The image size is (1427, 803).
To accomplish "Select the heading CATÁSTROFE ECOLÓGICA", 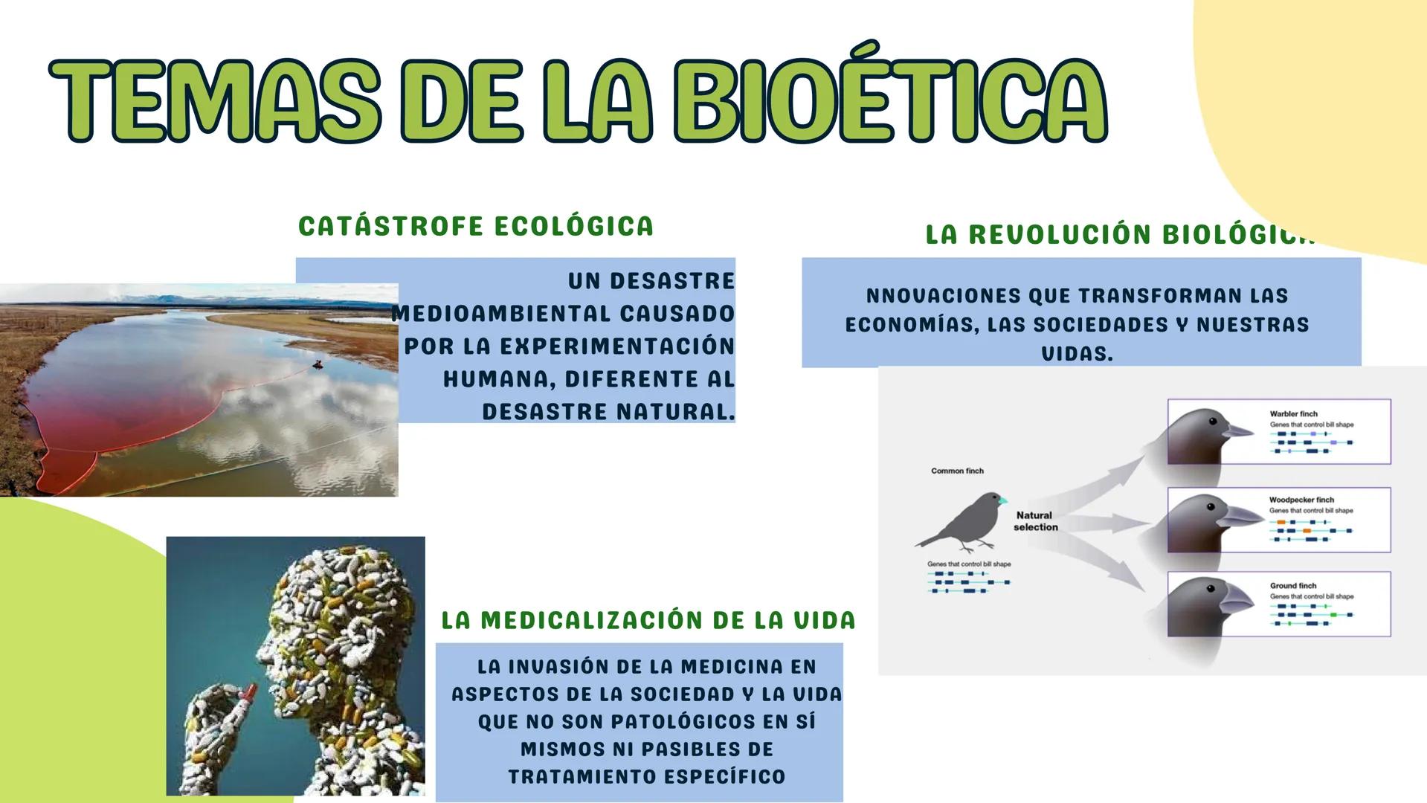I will coord(476,226).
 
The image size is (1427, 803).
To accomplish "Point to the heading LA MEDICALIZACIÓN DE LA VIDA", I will coord(648,620).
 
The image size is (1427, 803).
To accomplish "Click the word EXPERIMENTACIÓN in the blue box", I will coord(616,346).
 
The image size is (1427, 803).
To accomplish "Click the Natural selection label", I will coord(1035,520).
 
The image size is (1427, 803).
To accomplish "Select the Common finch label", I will coord(957,471).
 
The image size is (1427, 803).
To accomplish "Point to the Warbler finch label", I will coord(1293,413).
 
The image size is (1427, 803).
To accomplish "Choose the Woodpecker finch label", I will coord(1301,500).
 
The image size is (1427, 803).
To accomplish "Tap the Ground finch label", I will coord(1293,585).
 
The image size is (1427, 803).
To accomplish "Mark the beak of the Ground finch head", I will coord(1238,599).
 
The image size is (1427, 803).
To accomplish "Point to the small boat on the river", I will coord(318,364).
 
